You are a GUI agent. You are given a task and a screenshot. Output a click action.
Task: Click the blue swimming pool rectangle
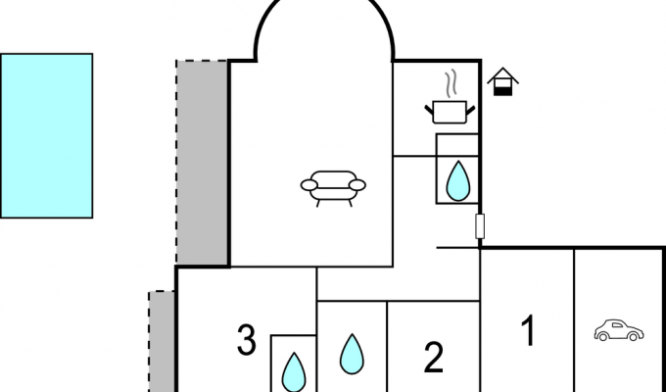tap(46, 135)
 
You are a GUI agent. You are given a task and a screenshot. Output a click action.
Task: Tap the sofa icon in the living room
tap(333, 188)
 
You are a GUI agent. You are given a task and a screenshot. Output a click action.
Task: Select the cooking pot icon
tap(450, 113)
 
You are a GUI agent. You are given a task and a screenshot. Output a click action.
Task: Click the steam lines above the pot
tap(452, 83)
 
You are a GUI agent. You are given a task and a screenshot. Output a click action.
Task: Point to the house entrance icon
tap(502, 81)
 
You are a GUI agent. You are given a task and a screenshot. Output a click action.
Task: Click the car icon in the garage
tap(619, 330)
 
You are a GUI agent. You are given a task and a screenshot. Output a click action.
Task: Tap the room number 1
tap(528, 330)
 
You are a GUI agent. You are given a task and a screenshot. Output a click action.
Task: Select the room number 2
tap(434, 358)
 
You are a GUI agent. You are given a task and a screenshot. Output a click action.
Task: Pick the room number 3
tap(247, 339)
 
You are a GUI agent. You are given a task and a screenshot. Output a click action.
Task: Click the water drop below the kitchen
tap(458, 180)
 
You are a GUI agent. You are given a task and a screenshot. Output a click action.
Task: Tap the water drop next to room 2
tap(352, 354)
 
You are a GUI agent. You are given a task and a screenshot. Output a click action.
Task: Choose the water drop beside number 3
tap(294, 372)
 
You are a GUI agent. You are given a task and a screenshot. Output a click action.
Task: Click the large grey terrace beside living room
tap(202, 162)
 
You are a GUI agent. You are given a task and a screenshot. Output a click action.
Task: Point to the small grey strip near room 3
tap(162, 341)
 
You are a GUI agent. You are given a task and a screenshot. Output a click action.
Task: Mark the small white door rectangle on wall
tap(480, 226)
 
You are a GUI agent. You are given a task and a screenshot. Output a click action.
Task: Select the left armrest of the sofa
tap(309, 185)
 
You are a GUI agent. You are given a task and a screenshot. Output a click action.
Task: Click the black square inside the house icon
tap(502, 91)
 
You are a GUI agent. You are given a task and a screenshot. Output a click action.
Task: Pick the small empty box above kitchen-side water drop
tap(457, 145)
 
